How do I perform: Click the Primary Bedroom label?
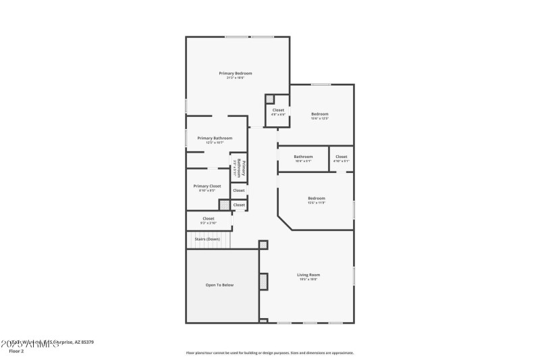235,73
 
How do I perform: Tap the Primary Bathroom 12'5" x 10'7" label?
215,138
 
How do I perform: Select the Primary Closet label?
207,186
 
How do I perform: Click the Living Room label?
308,275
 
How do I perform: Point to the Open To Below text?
219,285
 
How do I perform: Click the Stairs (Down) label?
207,239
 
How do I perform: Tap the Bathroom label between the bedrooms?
303,157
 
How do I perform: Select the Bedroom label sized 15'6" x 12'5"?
319,114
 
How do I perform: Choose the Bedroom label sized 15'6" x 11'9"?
316,199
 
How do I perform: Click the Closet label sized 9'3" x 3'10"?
208,219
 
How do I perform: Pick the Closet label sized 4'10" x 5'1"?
342,157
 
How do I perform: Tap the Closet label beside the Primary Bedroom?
278,110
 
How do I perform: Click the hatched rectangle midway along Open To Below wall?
264,281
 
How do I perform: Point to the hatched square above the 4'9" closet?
270,99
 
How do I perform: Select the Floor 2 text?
16,351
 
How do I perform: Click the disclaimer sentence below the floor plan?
269,353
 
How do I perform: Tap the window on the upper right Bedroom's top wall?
321,84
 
